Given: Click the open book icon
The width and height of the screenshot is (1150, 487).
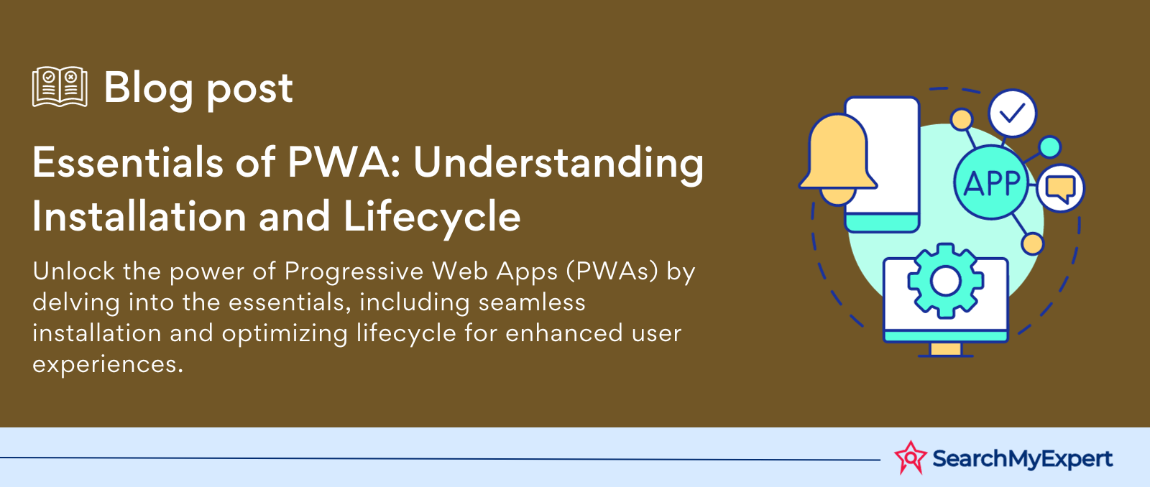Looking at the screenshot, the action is click(x=60, y=87).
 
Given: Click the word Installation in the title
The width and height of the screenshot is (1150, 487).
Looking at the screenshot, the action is click(x=139, y=216).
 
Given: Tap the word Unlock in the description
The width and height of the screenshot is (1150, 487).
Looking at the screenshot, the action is click(x=73, y=271).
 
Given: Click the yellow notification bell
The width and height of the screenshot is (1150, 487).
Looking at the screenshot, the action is click(x=838, y=159).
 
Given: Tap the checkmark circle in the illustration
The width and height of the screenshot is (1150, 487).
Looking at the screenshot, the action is click(x=1013, y=113).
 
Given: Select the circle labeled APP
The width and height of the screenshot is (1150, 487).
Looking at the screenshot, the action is click(x=991, y=182).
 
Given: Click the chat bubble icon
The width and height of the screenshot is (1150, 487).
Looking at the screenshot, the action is click(x=1061, y=187).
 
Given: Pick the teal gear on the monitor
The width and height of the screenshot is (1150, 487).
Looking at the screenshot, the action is click(x=945, y=282).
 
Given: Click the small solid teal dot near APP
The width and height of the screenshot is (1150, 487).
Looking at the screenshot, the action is click(x=1050, y=147).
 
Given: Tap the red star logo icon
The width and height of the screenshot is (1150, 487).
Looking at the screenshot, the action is click(x=910, y=458).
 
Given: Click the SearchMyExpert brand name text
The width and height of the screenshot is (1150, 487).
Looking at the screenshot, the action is click(x=1022, y=459).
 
